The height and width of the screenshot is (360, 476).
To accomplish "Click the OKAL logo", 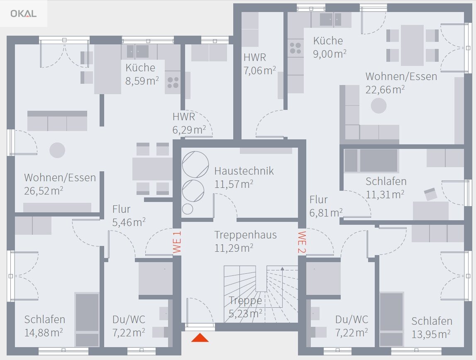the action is pyautogui.click(x=23, y=14).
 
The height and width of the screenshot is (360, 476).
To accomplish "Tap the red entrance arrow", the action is pyautogui.click(x=200, y=338).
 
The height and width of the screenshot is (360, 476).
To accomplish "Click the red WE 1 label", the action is pyautogui.click(x=177, y=242).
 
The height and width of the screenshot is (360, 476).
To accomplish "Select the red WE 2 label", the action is pyautogui.click(x=302, y=242).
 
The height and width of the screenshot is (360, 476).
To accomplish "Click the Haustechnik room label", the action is pyautogui.click(x=244, y=171).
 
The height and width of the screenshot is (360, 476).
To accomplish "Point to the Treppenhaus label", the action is pyautogui.click(x=246, y=235).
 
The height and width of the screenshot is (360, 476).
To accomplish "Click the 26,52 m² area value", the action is pyautogui.click(x=44, y=191).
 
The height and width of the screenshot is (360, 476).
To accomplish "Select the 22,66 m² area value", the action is pyautogui.click(x=385, y=90).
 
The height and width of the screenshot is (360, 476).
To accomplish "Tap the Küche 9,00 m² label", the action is pyautogui.click(x=330, y=47).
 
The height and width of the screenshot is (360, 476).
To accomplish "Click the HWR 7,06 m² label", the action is pyautogui.click(x=259, y=64).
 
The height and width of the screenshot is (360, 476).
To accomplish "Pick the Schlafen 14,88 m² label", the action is pyautogui.click(x=45, y=326).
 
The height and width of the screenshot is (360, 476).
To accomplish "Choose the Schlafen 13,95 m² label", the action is pyautogui.click(x=432, y=328).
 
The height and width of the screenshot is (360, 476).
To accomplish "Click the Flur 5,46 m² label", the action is pyautogui.click(x=129, y=216).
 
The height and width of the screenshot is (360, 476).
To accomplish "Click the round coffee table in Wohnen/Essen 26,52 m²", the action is pyautogui.click(x=57, y=150).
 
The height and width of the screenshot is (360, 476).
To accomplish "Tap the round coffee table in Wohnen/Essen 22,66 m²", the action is pyautogui.click(x=378, y=106).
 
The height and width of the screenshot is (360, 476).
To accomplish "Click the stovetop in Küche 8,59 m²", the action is pyautogui.click(x=173, y=83).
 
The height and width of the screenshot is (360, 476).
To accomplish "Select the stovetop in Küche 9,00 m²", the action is pyautogui.click(x=295, y=48).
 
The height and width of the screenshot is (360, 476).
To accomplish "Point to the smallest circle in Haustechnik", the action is pyautogui.click(x=188, y=209).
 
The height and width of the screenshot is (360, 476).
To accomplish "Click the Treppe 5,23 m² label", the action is pyautogui.click(x=245, y=307).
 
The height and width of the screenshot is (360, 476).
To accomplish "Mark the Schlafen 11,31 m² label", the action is pyautogui.click(x=386, y=188).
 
